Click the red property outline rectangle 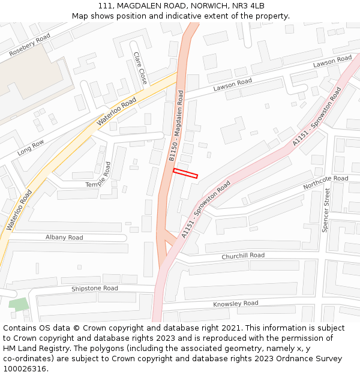(185, 173)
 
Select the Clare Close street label (140, 67)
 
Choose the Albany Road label (64, 238)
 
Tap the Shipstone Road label (95, 288)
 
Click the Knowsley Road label (235, 304)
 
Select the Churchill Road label (242, 256)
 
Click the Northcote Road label (325, 182)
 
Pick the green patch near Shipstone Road (19, 304)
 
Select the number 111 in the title (105, 6)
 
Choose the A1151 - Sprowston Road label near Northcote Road (205, 210)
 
